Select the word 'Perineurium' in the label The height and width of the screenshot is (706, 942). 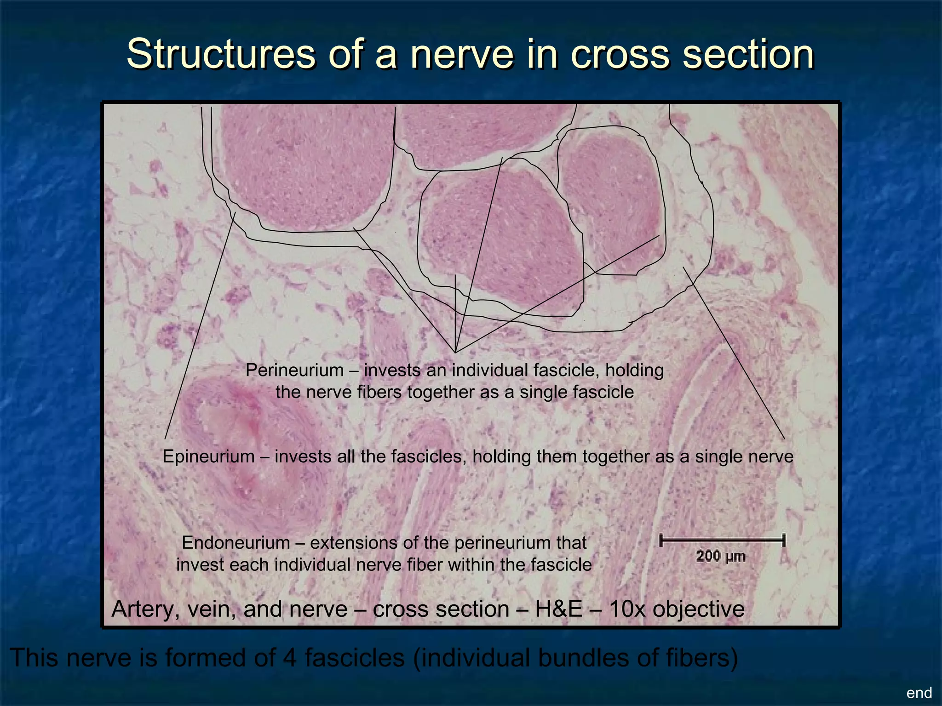coord(294,370)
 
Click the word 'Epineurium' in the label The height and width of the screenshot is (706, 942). coord(208,456)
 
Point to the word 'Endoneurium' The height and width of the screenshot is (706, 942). coord(236,543)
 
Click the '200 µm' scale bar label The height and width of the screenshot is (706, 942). coord(721,557)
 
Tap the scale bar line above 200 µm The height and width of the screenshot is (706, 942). coord(722,541)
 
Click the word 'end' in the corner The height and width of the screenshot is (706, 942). coord(919,693)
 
